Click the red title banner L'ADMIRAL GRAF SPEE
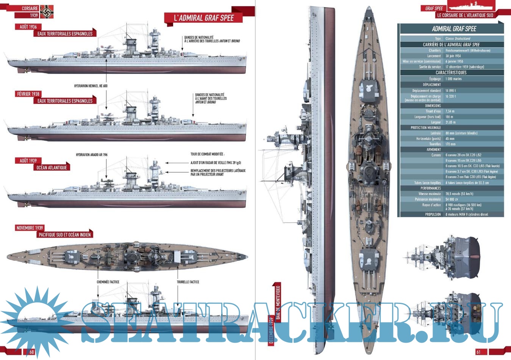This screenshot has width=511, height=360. pyautogui.click(x=203, y=18)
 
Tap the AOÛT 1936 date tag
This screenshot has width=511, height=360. pyautogui.click(x=28, y=27)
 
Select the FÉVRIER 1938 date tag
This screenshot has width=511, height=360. pyautogui.click(x=28, y=94)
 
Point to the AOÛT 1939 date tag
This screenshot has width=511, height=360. pyautogui.click(x=28, y=161)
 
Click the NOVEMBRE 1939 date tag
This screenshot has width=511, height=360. pyautogui.click(x=30, y=228)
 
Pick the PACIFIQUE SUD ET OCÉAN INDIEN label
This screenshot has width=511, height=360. pyautogui.click(x=65, y=235)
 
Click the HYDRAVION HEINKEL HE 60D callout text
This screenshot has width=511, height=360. pyautogui.click(x=91, y=86)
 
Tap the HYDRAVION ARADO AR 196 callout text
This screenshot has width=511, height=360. pyautogui.click(x=92, y=155)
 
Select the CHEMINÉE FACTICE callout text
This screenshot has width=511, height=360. pyautogui.click(x=108, y=282)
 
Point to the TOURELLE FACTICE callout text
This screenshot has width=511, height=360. pyautogui.click(x=188, y=282)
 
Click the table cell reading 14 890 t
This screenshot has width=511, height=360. pyautogui.click(x=451, y=91)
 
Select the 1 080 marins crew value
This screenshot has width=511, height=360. pyautogui.click(x=454, y=79)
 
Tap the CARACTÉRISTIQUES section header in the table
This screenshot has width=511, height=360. pyautogui.click(x=451, y=72)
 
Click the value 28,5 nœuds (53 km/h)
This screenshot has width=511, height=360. pyautogui.click(x=459, y=194)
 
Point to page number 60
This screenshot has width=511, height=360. pyautogui.click(x=31, y=352)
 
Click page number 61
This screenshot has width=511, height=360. pyautogui.click(x=478, y=352)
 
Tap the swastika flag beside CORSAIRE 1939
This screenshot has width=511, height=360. pyautogui.click(x=47, y=12)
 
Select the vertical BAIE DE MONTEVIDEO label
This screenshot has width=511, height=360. pyautogui.click(x=278, y=302)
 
